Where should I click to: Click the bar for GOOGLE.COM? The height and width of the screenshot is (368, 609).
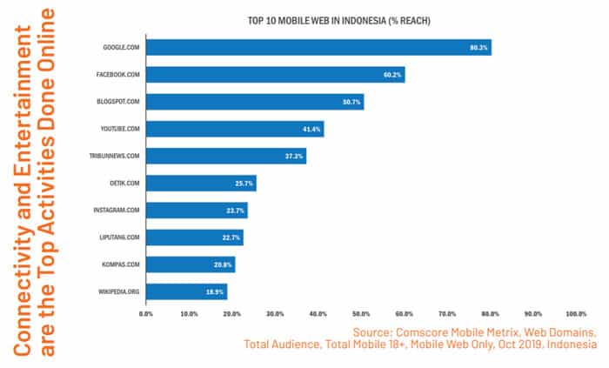(318, 48)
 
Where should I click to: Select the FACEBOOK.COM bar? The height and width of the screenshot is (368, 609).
(275, 75)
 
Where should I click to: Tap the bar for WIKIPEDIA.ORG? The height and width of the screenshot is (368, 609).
(186, 291)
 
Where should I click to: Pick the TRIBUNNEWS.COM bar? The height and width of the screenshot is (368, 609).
(226, 156)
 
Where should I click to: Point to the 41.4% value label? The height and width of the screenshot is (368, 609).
(311, 129)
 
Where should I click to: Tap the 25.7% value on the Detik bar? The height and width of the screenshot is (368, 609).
(244, 184)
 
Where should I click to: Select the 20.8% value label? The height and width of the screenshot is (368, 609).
(224, 264)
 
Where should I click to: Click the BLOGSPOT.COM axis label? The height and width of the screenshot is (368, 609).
(118, 102)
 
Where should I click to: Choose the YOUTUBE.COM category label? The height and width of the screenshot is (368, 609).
(120, 129)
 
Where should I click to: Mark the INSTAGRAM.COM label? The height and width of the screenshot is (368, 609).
(117, 211)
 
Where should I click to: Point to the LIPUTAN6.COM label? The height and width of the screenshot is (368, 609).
(118, 238)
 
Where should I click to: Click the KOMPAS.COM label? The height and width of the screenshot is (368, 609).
(121, 264)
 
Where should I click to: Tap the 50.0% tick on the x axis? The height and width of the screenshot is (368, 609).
(361, 314)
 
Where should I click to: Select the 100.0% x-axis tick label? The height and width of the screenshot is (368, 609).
(576, 314)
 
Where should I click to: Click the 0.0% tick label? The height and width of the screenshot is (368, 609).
(146, 314)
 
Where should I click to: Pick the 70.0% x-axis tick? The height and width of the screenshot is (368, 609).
(447, 314)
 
